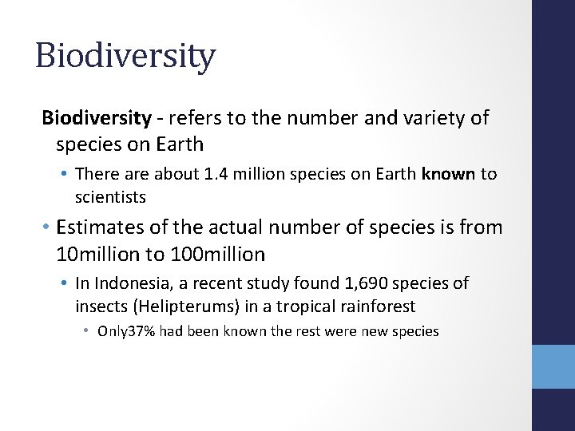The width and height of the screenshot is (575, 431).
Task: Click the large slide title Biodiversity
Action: [x=125, y=57]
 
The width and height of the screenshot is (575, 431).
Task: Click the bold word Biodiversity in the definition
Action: [x=97, y=119]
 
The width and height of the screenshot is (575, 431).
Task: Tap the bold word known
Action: [x=448, y=174]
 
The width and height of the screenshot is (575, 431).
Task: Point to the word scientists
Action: [x=111, y=196]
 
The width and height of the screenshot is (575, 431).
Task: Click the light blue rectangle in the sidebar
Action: [x=553, y=366]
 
